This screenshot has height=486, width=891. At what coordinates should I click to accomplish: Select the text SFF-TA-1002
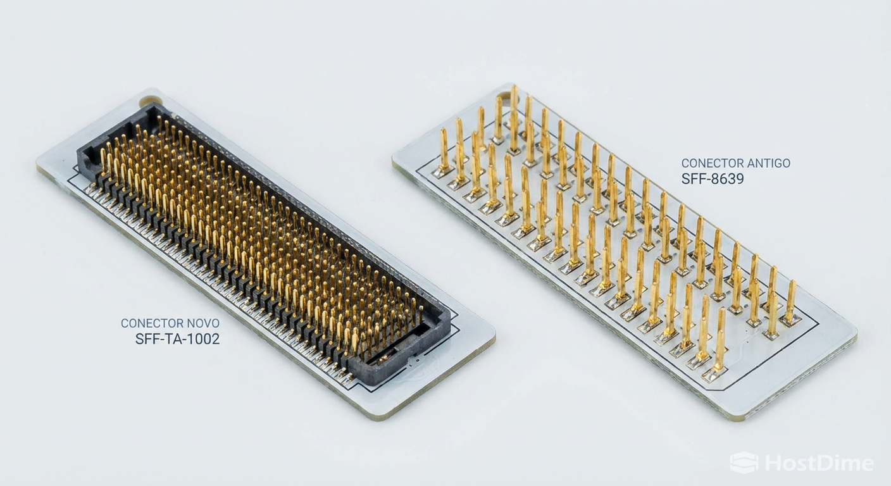pyautogui.click(x=177, y=339)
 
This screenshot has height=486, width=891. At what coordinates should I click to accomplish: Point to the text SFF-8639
pyautogui.click(x=713, y=179)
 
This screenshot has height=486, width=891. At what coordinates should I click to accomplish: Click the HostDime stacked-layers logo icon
pyautogui.click(x=744, y=463)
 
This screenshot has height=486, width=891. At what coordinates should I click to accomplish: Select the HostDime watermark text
pyautogui.click(x=819, y=463)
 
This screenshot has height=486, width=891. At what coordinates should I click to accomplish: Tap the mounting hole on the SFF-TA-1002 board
pyautogui.click(x=150, y=100)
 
